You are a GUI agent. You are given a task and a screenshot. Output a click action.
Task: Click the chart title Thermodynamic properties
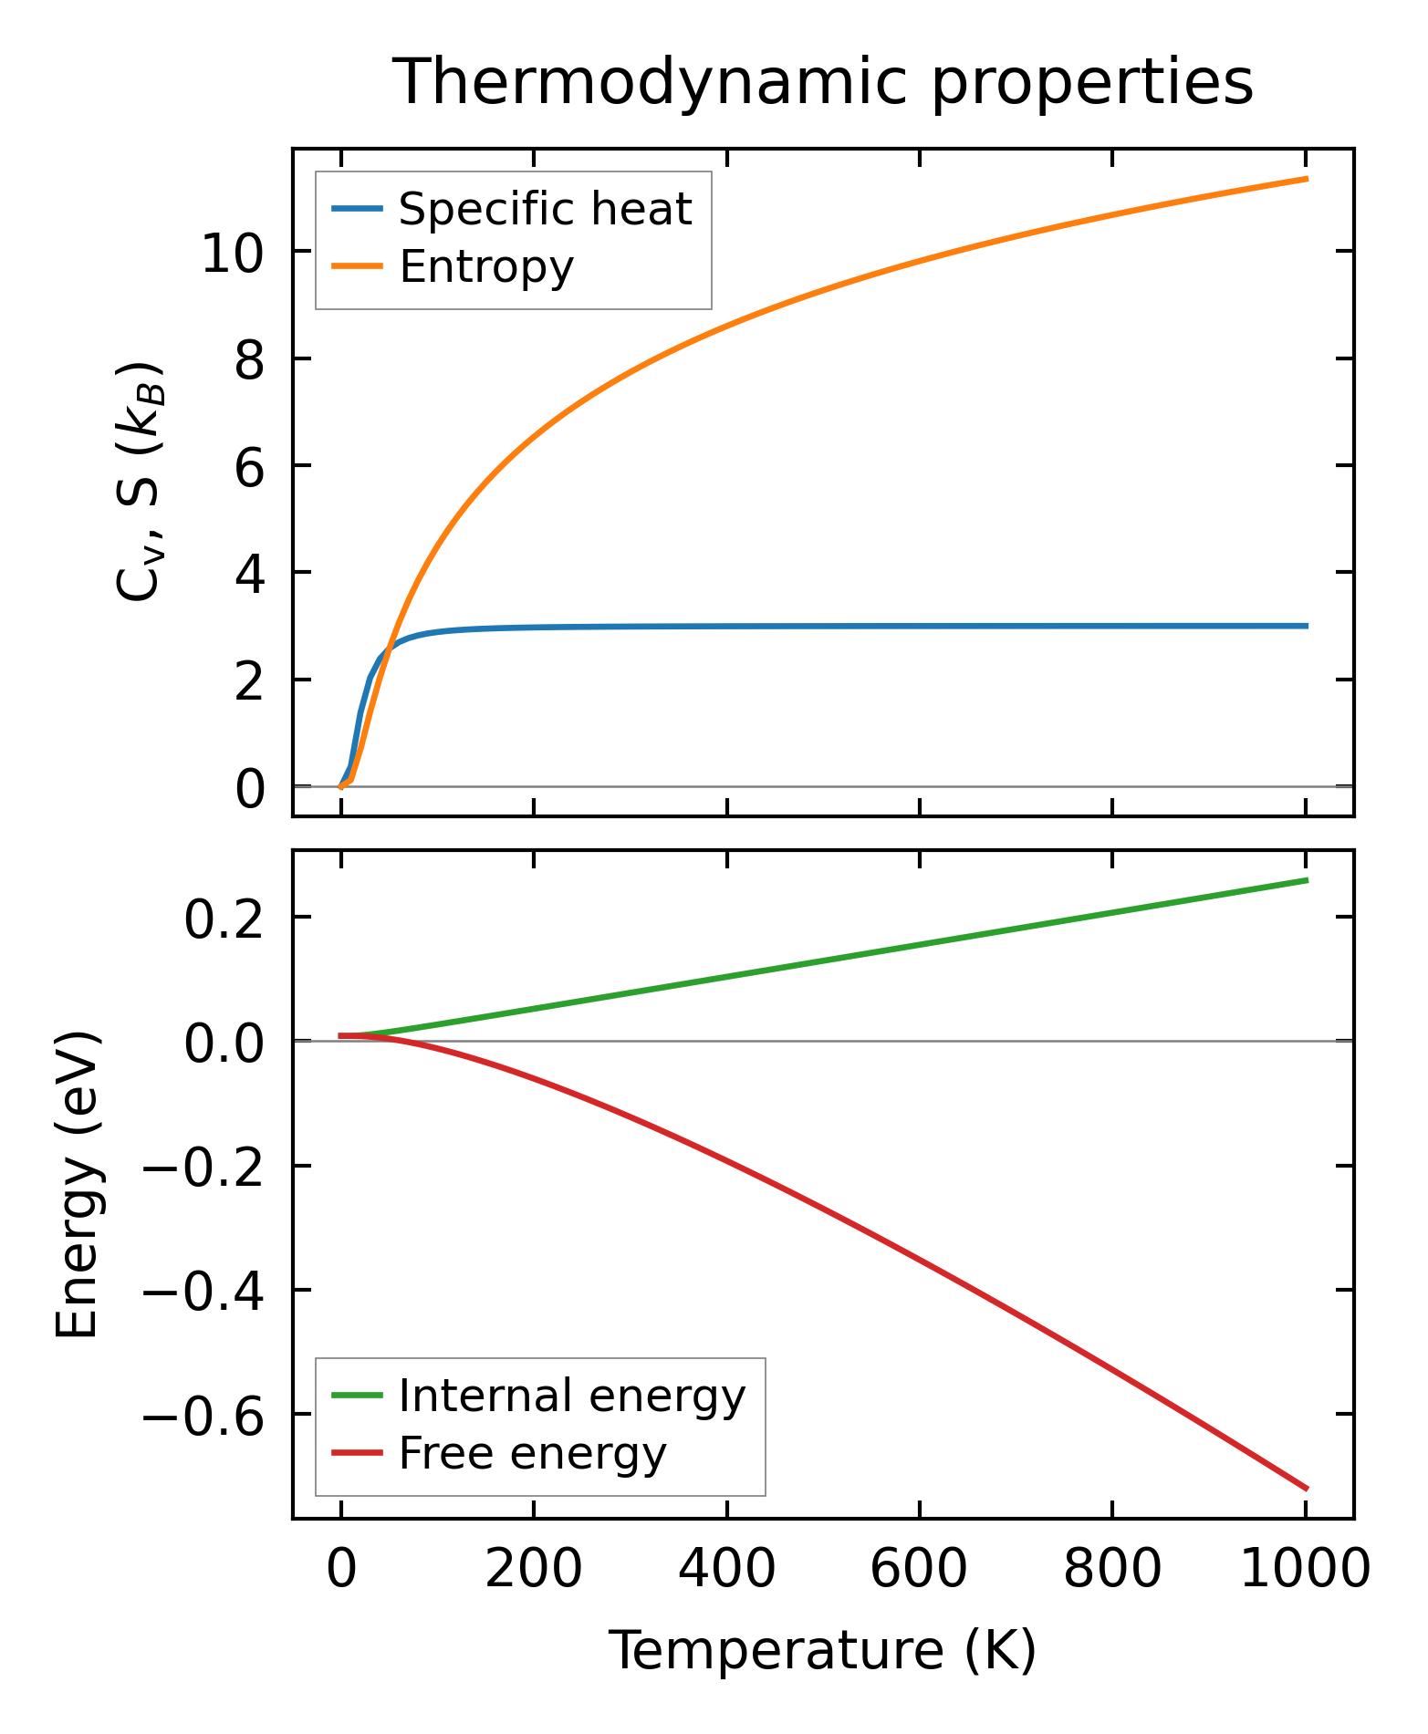(x=823, y=83)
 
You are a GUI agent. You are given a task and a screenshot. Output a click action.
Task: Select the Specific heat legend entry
(x=545, y=210)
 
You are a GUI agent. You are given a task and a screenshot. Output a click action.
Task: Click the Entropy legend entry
(x=486, y=267)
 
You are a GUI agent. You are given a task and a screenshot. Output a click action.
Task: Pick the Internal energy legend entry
(x=572, y=1397)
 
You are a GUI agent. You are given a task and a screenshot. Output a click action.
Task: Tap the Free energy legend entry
(x=533, y=1454)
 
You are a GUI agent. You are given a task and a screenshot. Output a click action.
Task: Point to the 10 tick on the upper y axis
(x=233, y=253)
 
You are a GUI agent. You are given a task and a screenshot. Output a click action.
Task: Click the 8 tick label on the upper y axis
(x=249, y=359)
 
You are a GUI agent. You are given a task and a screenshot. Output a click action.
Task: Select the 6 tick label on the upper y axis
(x=249, y=466)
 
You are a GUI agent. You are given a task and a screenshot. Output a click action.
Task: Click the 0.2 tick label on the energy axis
(x=224, y=919)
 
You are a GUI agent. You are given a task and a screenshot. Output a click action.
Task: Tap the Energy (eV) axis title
(x=77, y=1185)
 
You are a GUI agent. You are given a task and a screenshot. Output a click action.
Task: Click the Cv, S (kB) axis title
(x=139, y=482)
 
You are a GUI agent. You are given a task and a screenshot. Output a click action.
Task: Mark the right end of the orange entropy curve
(x=1307, y=179)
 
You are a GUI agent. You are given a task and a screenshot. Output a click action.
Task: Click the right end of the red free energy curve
(x=1307, y=1489)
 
